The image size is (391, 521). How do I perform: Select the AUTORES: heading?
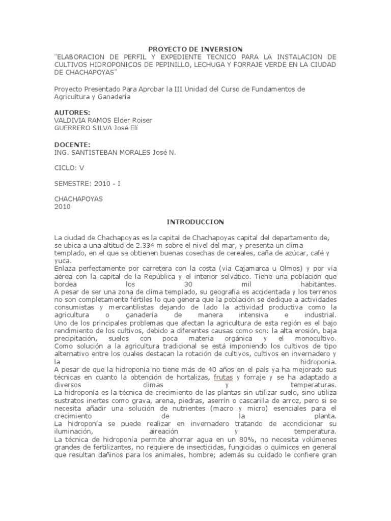tap(72, 112)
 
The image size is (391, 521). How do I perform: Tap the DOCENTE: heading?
tap(72, 144)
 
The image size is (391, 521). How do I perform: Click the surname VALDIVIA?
tap(69, 120)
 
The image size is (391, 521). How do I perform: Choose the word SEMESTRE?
tap(71, 183)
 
